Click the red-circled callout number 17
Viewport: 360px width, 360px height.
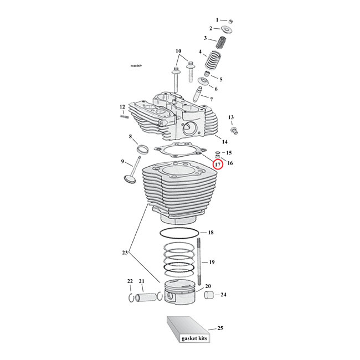coord(218,165)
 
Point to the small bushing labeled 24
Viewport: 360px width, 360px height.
coord(209,295)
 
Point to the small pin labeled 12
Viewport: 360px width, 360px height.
coord(125,116)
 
